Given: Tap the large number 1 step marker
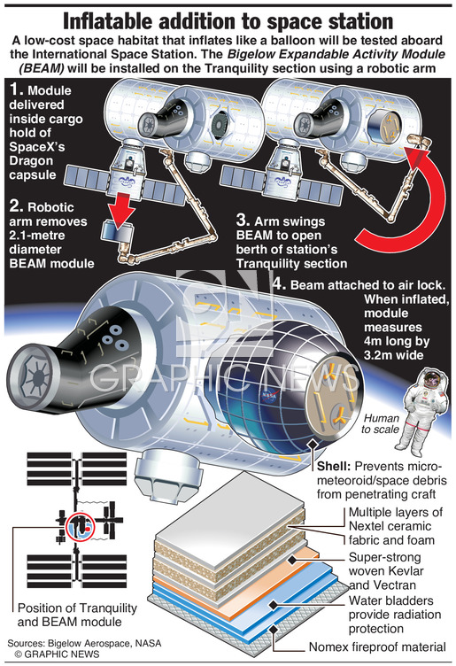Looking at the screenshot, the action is (16, 89).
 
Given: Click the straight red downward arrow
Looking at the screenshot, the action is (121, 206).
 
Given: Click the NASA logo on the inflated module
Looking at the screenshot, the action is (268, 395).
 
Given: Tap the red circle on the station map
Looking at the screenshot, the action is (81, 526).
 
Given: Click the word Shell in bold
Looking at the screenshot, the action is (334, 466).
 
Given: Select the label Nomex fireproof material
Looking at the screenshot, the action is (377, 647).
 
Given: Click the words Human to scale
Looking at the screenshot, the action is (381, 423).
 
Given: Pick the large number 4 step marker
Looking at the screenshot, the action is (278, 283).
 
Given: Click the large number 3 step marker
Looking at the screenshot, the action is (243, 221).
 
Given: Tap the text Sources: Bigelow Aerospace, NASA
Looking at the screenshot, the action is (84, 643).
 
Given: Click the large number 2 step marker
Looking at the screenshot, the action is (16, 206).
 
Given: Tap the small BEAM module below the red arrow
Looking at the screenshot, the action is (116, 233).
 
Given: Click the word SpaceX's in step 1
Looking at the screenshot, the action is (37, 146).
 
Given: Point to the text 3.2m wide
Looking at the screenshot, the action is (394, 355).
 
